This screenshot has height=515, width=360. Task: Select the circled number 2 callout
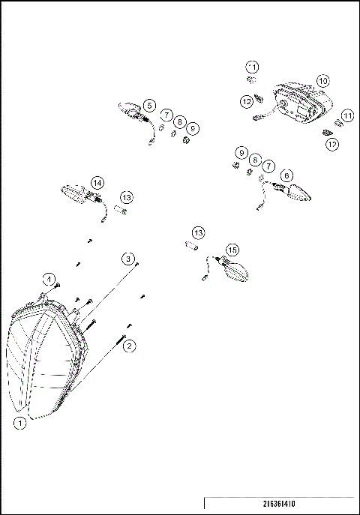tap(129, 346)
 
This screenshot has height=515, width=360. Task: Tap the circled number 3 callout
tap(129, 259)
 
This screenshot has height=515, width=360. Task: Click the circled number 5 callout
tap(150, 106)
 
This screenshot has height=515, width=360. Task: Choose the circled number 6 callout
tap(286, 175)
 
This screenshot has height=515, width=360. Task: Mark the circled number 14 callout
tap(97, 182)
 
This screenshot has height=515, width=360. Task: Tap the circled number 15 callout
tap(232, 250)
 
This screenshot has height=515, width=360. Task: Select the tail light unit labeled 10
tap(300, 105)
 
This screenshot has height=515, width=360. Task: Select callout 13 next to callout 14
tap(127, 197)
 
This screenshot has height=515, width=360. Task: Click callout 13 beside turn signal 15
tap(198, 232)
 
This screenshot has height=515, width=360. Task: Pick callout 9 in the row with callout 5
tap(193, 129)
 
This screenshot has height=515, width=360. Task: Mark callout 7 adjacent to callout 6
tap(268, 165)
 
